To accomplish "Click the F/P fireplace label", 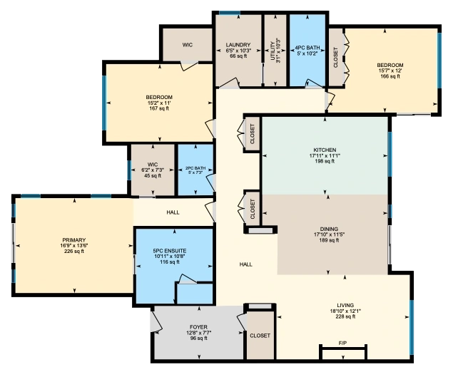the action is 342,343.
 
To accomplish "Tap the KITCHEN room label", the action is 325,150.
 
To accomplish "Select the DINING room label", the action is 329,229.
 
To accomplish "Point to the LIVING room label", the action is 345,305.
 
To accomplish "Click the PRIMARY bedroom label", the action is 74,240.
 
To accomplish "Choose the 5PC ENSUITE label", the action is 170,251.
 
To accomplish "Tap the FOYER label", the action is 198,327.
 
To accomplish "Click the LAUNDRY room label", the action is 238,45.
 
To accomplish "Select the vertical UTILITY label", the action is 273,51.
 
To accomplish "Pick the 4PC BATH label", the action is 307,48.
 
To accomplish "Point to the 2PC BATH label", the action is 195,168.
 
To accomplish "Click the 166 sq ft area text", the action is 390,76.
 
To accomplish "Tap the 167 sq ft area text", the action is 159,108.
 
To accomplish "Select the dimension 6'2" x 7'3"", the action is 152,170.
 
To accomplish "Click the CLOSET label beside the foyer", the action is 260,336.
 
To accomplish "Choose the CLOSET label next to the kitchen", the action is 253,134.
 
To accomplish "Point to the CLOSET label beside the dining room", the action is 253,209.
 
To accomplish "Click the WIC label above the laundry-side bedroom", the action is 187,45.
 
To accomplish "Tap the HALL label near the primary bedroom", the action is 173,212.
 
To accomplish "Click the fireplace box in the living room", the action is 343,352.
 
